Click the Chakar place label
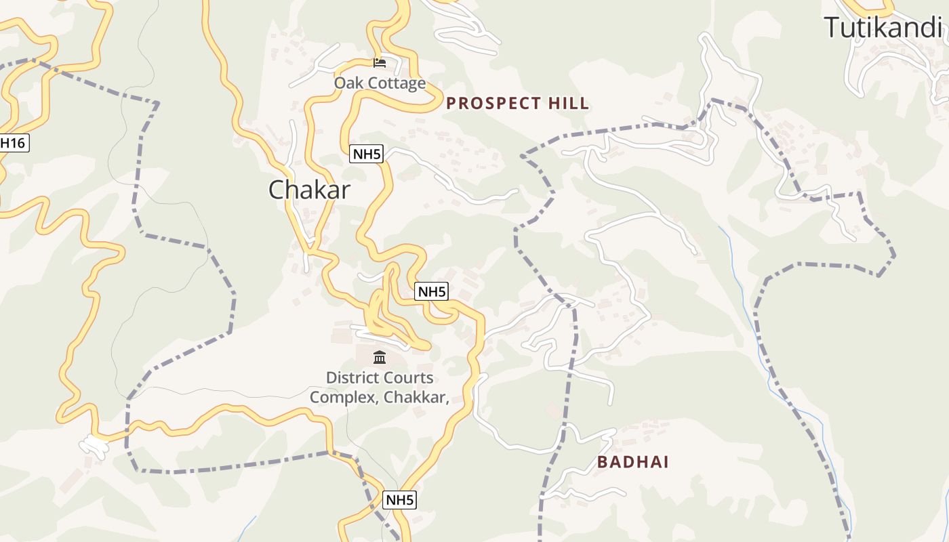click(309, 190)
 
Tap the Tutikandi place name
click(883, 28)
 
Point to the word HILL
click(569, 104)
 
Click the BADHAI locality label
click(632, 462)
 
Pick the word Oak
click(346, 83)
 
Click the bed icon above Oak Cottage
click(380, 63)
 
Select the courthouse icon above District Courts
click(380, 357)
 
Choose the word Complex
click(343, 397)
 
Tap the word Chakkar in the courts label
click(416, 397)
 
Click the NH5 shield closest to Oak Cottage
click(367, 154)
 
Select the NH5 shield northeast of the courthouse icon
click(432, 291)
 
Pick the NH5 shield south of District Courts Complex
click(399, 500)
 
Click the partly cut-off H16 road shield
click(14, 142)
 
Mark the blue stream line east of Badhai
click(800, 406)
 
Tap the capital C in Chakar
click(277, 190)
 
